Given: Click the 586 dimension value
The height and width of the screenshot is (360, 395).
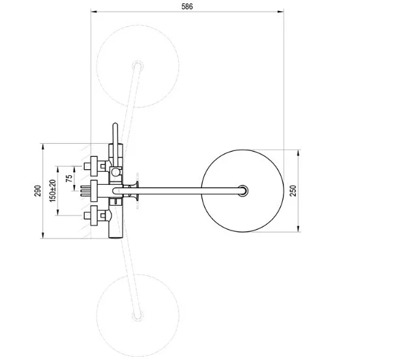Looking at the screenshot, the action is pos(187,7).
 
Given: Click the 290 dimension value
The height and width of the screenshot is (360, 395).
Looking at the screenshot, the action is pos(38,191).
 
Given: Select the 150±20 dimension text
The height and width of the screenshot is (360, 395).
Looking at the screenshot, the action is pos(53,191).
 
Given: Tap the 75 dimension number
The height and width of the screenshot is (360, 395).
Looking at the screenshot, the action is pos(69,178).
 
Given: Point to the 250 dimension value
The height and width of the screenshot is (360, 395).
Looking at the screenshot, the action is pos(293,191).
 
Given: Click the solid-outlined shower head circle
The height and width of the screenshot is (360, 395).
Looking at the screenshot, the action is pos(201,191).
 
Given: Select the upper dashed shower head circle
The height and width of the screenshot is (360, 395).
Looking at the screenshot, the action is pos(96,66).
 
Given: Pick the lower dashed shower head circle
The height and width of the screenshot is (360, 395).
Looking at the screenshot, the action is pos(96,315).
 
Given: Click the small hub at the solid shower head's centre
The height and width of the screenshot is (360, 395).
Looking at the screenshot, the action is pos(243,191).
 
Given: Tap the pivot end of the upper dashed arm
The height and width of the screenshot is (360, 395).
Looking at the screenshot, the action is pos(138,66).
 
